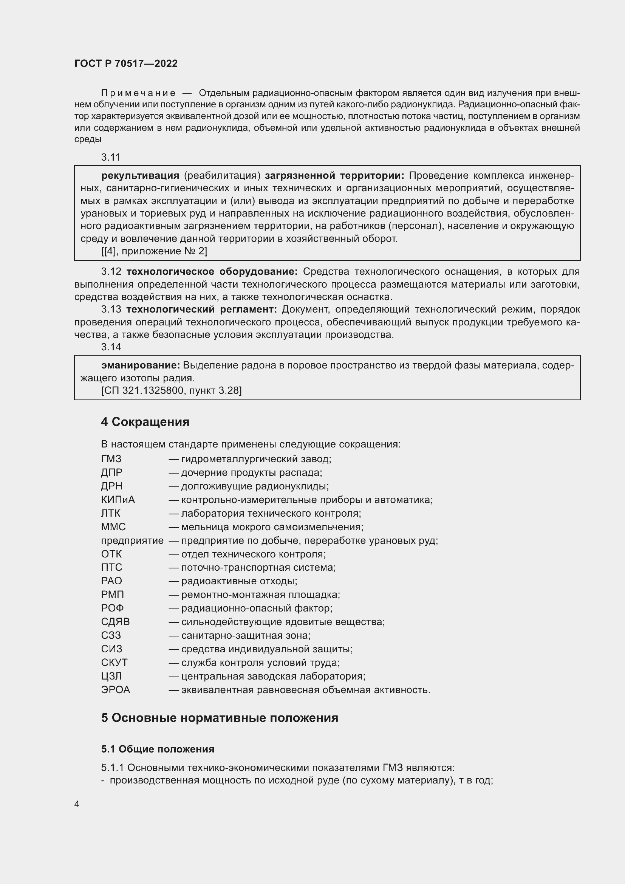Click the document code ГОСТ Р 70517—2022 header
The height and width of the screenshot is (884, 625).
coord(126,63)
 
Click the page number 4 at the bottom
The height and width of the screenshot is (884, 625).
coord(77,804)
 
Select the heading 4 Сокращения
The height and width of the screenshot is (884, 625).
coord(145,422)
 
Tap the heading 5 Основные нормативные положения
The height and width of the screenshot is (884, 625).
coord(220,718)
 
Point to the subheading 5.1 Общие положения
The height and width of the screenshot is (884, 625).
coord(158,749)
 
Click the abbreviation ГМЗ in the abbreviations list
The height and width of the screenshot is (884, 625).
coord(111,459)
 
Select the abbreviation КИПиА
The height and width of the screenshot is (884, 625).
coord(118,500)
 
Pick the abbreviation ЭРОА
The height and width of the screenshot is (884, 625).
coord(116,690)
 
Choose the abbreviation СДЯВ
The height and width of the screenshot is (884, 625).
coord(116,622)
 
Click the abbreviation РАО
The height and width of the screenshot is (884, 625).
coord(111,581)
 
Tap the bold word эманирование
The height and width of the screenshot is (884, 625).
coord(141,365)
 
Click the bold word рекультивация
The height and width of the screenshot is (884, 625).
coord(140,176)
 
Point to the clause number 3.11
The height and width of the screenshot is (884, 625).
coord(110,157)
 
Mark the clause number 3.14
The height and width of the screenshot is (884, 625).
coord(111,347)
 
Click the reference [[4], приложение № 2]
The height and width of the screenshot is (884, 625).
coord(154,251)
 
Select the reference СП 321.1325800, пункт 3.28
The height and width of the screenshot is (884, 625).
coord(171,391)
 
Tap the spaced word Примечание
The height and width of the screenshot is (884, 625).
coord(138,93)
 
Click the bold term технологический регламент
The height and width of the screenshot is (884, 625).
coord(202,310)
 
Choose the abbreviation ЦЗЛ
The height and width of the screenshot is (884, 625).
coord(111,677)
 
